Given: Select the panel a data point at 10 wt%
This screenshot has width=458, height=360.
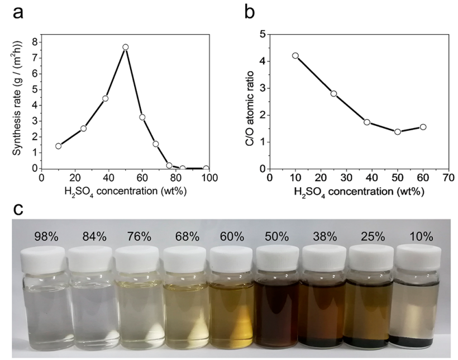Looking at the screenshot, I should [x=58, y=146].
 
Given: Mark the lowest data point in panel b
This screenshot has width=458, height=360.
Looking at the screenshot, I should [x=397, y=132].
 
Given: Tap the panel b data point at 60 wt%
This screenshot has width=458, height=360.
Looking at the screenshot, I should [x=423, y=127].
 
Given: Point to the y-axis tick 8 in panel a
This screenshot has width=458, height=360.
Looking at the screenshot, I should [x=35, y=41].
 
